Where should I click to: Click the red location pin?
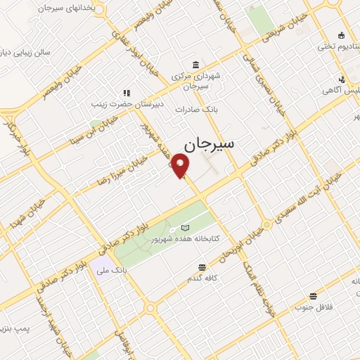pyautogui.click(x=181, y=166)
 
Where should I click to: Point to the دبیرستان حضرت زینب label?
pyautogui.click(x=127, y=103)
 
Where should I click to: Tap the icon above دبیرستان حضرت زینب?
pyautogui.click(x=127, y=92)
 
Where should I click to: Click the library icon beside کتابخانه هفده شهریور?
pyautogui.click(x=184, y=228)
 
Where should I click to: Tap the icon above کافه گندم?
pyautogui.click(x=202, y=266)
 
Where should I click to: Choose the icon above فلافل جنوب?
pyautogui.click(x=313, y=296)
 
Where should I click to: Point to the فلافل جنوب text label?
pyautogui.click(x=313, y=307)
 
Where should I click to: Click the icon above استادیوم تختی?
pyautogui.click(x=342, y=36)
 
